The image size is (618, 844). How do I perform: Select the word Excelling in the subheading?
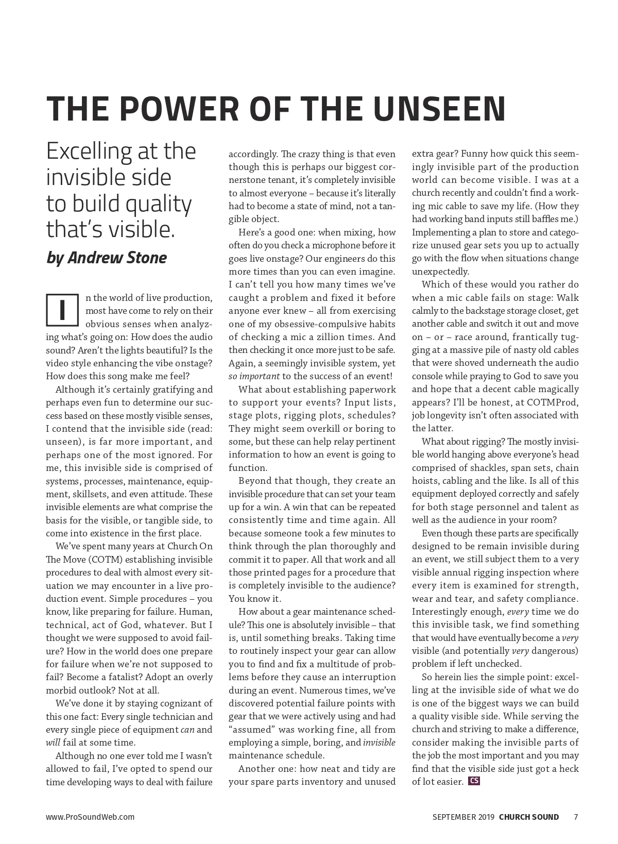(x=89, y=151)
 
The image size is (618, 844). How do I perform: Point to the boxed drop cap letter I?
(x=62, y=310)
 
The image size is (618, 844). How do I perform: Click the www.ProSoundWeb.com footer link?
(x=90, y=817)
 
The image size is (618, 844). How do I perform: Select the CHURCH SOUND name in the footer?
(x=529, y=817)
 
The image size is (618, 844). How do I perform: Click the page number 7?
(x=576, y=817)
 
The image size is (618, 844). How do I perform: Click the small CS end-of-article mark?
(x=474, y=781)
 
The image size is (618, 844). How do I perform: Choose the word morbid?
(x=60, y=690)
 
